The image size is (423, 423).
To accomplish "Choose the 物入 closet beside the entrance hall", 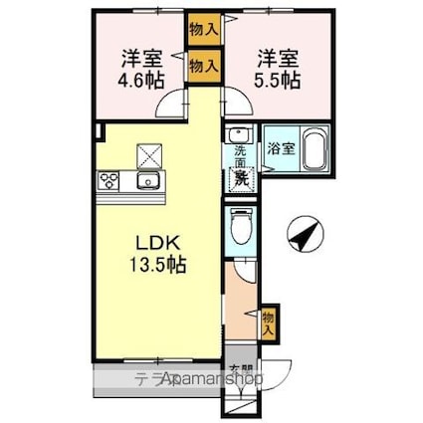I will coord(268,320).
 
